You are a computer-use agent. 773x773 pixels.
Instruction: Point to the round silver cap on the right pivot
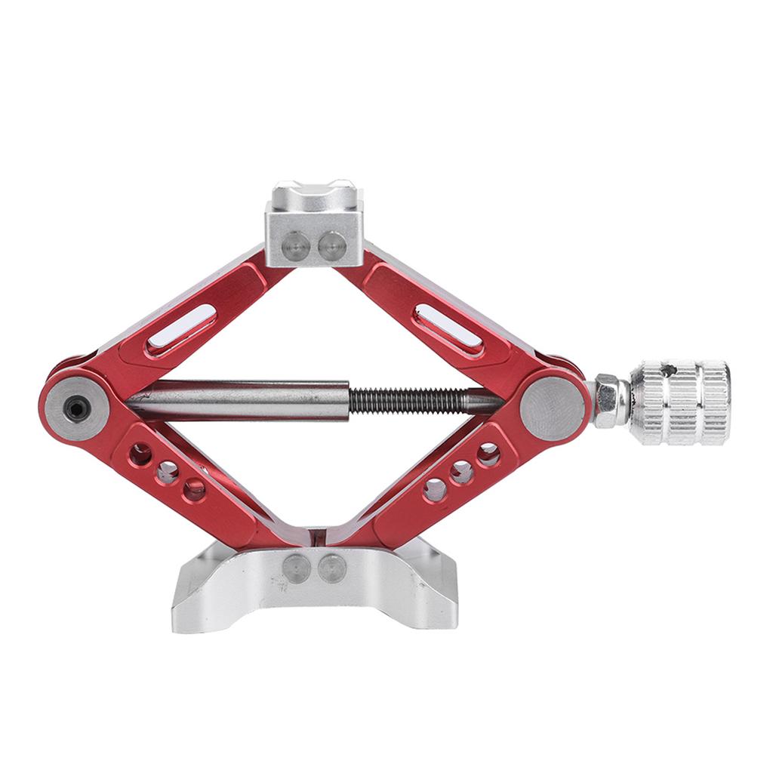552,409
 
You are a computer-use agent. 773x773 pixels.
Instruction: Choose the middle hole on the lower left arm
168,473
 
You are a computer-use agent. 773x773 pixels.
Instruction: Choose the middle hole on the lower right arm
461,473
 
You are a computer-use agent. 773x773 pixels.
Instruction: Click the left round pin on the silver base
296,568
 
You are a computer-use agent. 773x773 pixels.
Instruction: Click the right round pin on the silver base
331,568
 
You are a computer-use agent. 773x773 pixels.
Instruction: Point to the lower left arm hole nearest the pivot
140,454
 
